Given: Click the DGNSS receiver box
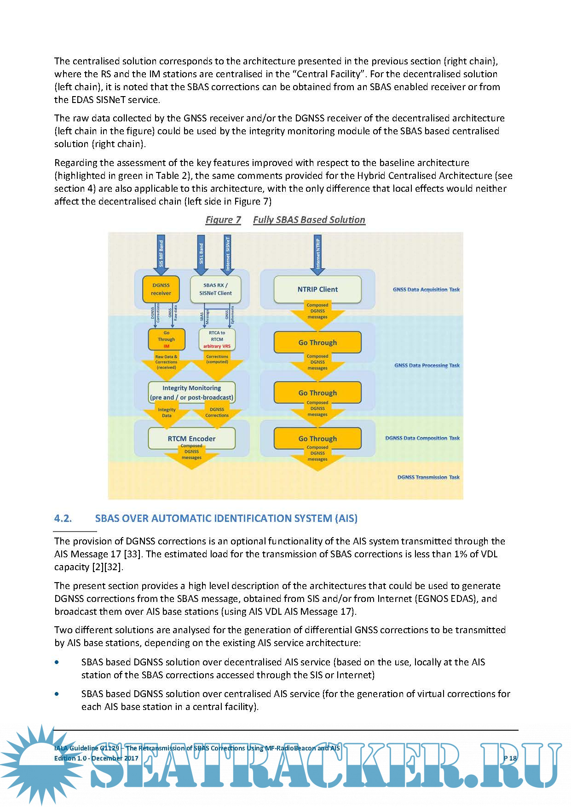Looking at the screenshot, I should coord(161,289).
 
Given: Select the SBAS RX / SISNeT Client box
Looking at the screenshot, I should coord(215,289).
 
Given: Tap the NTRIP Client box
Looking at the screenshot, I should coord(317,289).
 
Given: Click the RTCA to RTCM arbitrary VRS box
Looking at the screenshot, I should coord(217,339).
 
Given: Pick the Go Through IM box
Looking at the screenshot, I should coord(166,339).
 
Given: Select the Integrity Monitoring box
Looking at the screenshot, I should coord(191,393).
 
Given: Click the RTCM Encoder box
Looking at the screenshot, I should coord(191,438).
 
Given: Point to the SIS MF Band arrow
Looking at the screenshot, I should coord(161,255).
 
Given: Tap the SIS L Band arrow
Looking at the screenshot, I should coord(201,255).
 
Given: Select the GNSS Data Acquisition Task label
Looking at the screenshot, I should coord(426,290).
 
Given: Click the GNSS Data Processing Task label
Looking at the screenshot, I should coord(427,366).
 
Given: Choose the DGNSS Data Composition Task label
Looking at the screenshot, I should coord(422,438).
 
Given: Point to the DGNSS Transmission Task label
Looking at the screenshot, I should coord(428,477).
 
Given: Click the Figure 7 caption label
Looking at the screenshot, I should coord(223,220).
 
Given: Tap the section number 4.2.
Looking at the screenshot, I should coord(63,519).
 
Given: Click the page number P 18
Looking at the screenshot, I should coord(510,758).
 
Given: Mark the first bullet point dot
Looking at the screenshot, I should coord(57,662).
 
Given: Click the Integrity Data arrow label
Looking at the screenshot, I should coord(167,412).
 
